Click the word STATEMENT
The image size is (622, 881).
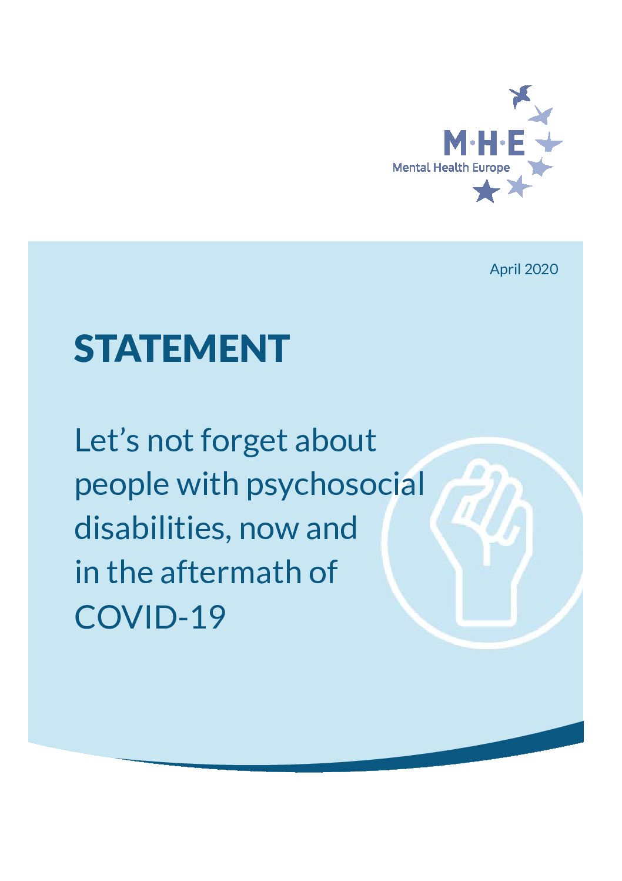[x=182, y=348]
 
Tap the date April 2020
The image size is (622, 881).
[x=524, y=270]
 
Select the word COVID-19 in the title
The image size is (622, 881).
[x=150, y=617]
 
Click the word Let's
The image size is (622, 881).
[x=106, y=440]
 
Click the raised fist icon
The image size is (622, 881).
[x=481, y=543]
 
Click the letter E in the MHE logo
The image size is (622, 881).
[x=516, y=142]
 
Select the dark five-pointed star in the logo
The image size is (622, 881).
[x=486, y=191]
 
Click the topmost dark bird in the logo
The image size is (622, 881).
[x=521, y=95]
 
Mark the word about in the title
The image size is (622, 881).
[x=336, y=440]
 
